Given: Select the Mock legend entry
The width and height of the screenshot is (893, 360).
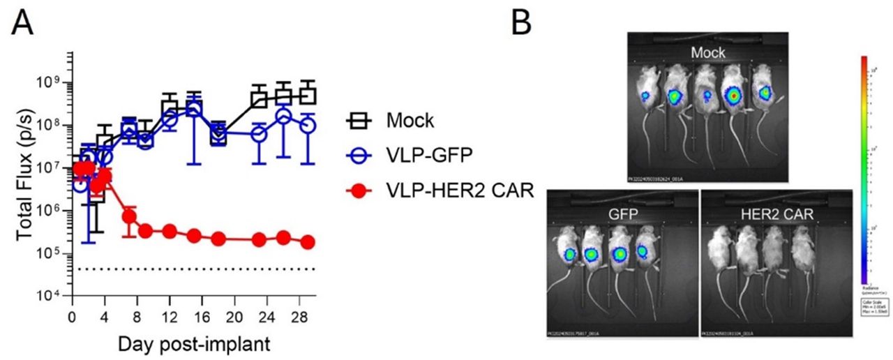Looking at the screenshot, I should pos(410,120).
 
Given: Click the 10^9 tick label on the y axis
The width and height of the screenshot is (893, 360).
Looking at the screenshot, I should pos(50,82).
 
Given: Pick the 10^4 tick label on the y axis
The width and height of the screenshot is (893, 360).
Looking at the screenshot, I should pos(50,297).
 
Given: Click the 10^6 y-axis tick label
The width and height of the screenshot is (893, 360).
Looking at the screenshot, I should pos(50,211).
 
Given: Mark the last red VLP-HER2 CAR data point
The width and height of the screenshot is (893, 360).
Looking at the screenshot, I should pos(307,242).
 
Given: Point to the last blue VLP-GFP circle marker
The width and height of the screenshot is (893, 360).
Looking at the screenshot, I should pos(307,126).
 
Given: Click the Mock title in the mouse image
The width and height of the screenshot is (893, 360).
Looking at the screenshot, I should pos(707,52).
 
